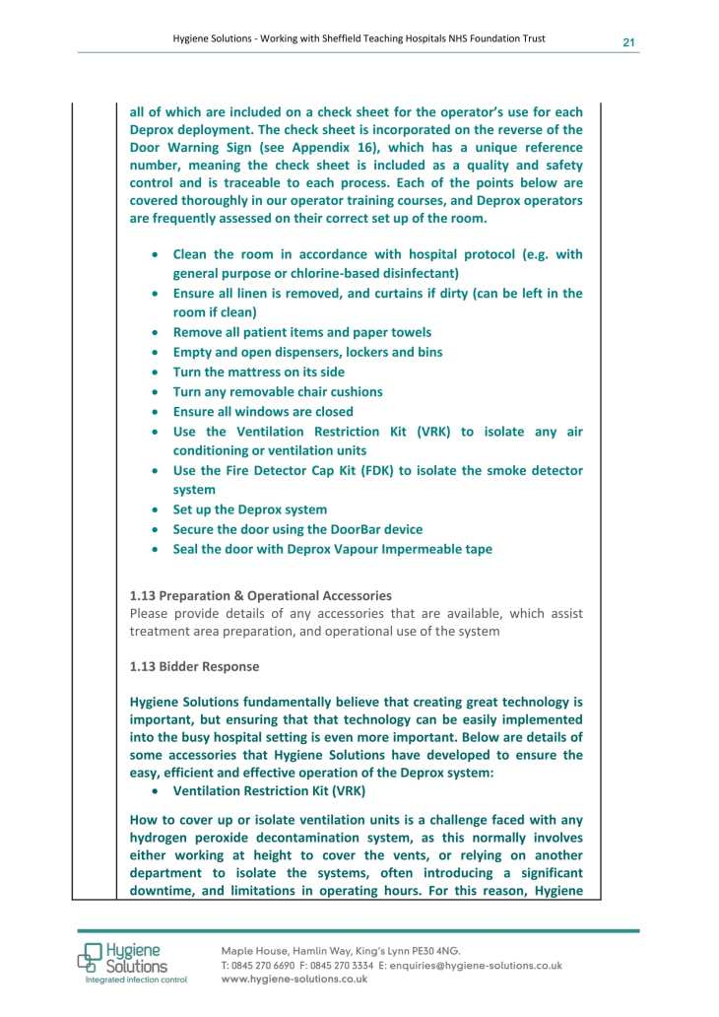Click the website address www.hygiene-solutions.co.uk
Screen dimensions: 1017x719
(294, 980)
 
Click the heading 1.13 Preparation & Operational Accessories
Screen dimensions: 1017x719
(260, 595)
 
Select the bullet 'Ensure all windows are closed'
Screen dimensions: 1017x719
(262, 411)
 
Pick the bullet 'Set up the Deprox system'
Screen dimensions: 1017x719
(249, 509)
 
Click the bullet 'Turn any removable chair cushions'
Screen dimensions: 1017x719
(277, 391)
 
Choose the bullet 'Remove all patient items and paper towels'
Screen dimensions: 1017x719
(301, 332)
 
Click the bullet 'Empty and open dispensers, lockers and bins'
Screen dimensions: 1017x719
(307, 352)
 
